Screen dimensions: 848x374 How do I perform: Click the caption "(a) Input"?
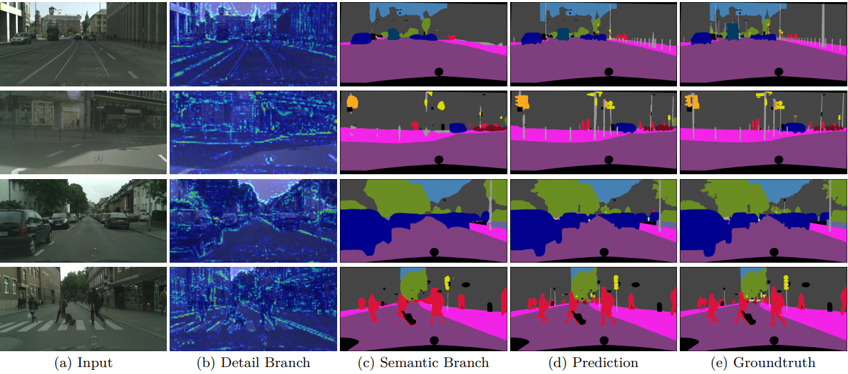tap(84, 362)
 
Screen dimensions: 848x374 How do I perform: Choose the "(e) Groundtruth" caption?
tap(764, 362)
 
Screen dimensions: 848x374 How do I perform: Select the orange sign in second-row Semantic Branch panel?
tap(352, 102)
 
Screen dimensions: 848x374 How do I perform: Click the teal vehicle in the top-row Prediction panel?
tap(563, 33)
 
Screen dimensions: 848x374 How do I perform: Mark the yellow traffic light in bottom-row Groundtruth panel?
tap(786, 282)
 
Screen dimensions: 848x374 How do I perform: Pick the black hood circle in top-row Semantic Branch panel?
tap(438, 72)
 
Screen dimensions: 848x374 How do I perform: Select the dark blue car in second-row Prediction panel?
tap(624, 127)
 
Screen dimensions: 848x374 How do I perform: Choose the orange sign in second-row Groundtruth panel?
tap(690, 102)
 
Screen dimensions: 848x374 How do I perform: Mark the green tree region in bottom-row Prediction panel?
tap(586, 279)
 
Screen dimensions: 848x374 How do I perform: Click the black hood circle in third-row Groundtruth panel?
tap(778, 251)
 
